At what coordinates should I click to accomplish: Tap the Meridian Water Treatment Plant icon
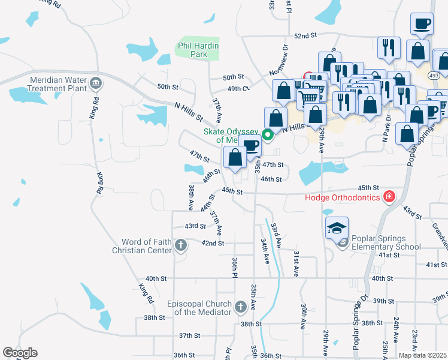pos(95,82)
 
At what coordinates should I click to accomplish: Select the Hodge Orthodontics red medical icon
pos(389,196)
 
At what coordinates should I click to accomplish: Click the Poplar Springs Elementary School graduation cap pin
pos(337,227)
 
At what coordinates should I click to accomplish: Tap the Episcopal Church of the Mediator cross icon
pos(240,307)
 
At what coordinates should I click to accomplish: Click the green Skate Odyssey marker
pos(269,134)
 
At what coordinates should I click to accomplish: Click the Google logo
pos(20,353)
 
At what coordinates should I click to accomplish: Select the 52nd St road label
pos(305,36)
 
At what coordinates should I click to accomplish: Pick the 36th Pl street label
pos(235,267)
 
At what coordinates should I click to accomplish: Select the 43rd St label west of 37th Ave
pos(195,226)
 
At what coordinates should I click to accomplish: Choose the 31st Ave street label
pos(295,264)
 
